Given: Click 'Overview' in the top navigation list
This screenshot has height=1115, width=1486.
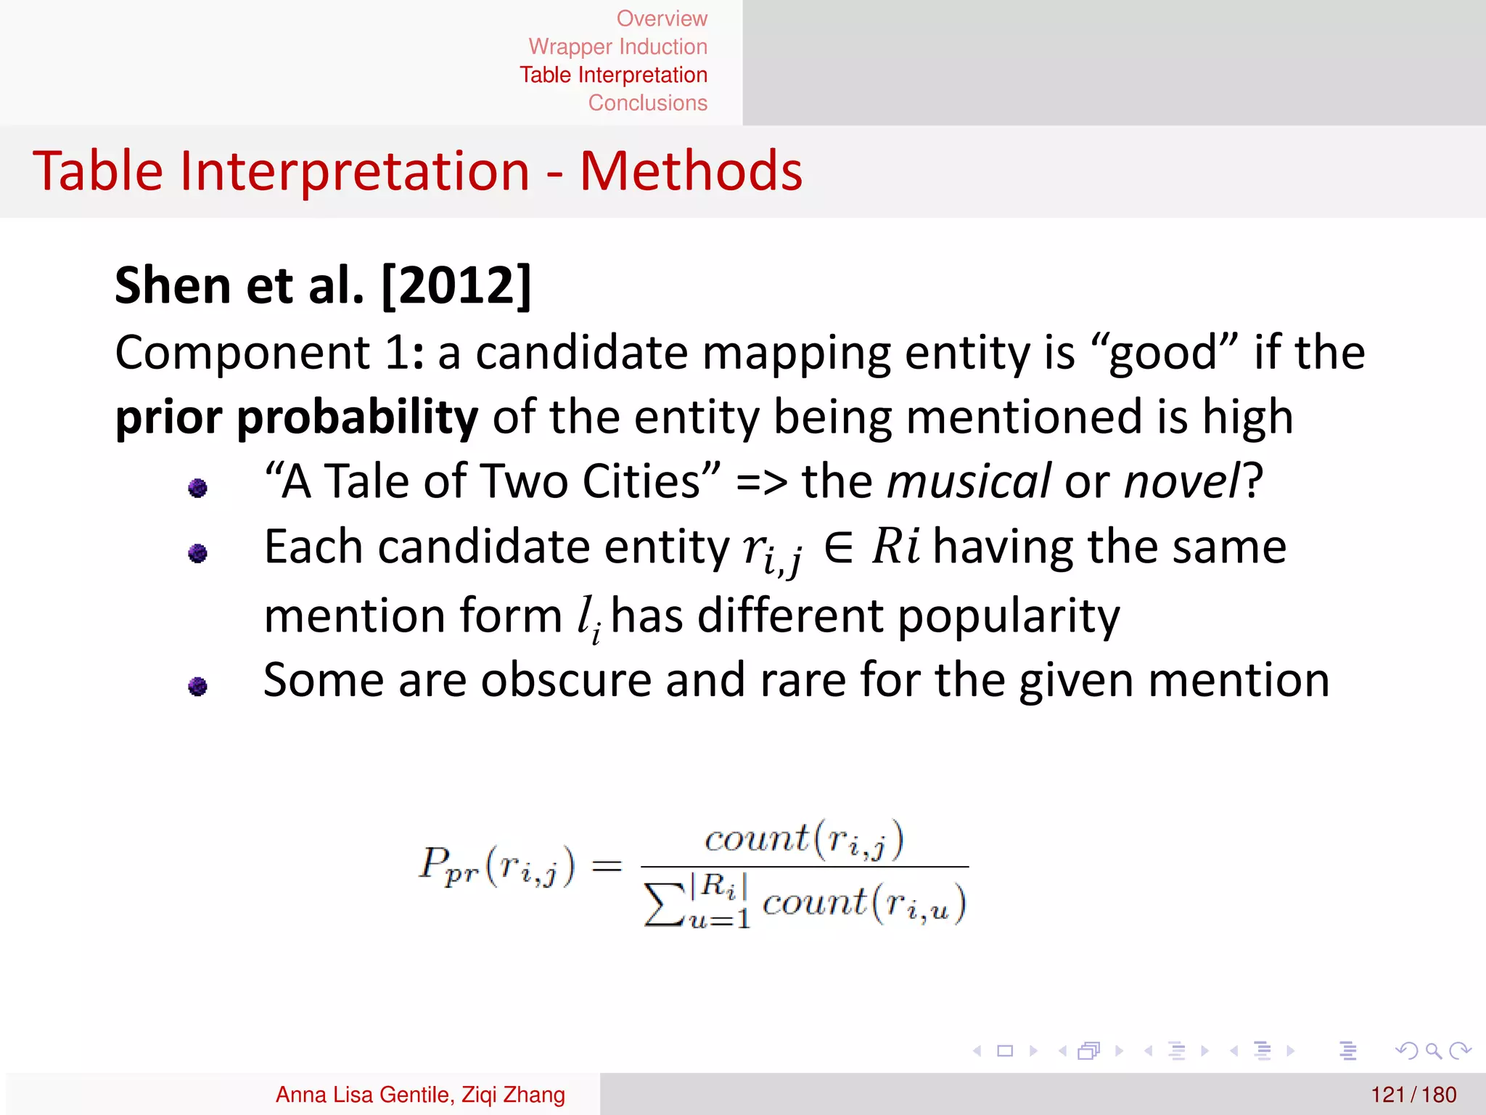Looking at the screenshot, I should (661, 18).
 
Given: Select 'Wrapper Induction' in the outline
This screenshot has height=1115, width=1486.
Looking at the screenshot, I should (617, 46).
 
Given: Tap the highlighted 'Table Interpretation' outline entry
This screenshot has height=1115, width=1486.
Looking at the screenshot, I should (613, 75).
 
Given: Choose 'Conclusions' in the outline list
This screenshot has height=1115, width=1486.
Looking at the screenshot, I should (647, 103).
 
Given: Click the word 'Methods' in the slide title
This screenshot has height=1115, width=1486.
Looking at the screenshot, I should (691, 171).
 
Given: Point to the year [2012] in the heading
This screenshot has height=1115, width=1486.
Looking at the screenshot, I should (456, 285).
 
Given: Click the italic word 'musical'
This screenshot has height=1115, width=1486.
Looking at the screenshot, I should (969, 481).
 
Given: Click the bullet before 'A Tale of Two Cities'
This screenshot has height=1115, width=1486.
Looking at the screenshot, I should (197, 488).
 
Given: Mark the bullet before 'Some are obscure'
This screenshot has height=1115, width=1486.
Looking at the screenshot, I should (197, 686).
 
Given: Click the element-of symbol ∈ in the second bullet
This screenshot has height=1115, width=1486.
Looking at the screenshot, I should (839, 548).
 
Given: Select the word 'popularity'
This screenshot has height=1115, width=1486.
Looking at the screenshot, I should (1009, 616).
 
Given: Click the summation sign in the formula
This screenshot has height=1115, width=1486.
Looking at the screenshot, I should (664, 905).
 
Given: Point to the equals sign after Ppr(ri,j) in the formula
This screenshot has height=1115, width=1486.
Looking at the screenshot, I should (607, 865).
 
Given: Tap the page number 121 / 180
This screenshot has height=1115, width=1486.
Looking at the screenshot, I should (1413, 1095).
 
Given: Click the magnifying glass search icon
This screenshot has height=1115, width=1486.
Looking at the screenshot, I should (1433, 1050).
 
